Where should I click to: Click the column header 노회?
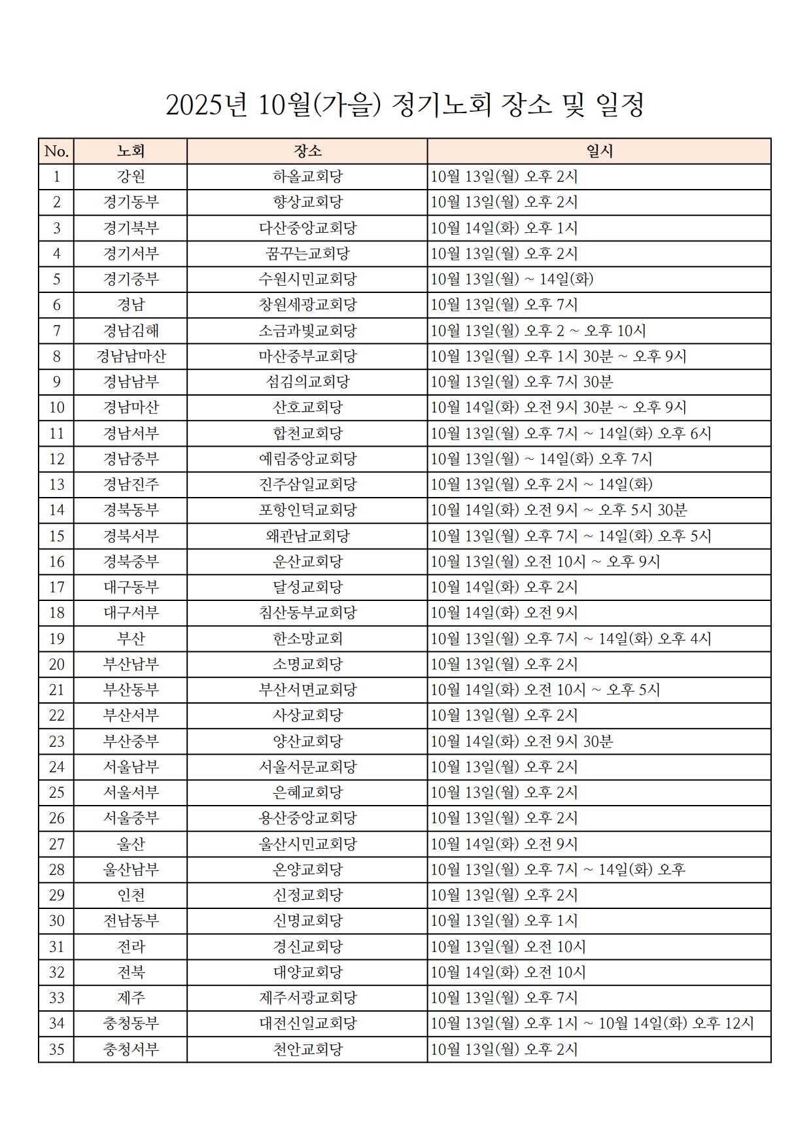click(x=131, y=151)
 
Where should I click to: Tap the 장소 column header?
click(x=307, y=151)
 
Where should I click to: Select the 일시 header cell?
click(x=599, y=151)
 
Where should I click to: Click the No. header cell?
click(x=56, y=151)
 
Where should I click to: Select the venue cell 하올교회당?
click(x=307, y=177)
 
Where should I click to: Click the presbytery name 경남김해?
click(x=131, y=331)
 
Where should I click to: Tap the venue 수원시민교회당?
click(x=307, y=279)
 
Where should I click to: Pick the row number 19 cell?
click(x=56, y=638)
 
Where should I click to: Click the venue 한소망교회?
click(x=307, y=638)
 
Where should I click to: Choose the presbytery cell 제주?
click(x=131, y=998)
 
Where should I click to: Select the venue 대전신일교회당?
click(x=307, y=1023)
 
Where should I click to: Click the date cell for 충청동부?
click(x=592, y=1023)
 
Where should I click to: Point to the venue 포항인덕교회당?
click(x=307, y=510)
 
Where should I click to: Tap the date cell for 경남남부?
click(x=522, y=382)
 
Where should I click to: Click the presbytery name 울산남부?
click(x=131, y=870)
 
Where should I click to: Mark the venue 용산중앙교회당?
click(x=307, y=818)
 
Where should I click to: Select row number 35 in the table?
click(x=56, y=1050)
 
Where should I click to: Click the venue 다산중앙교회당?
click(x=307, y=228)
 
